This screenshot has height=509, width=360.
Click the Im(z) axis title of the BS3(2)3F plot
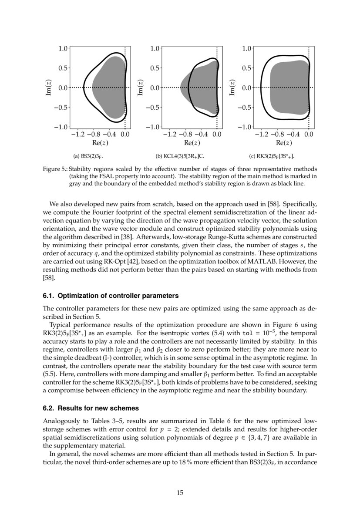coord(49,87)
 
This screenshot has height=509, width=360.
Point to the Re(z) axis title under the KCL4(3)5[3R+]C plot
coord(192,143)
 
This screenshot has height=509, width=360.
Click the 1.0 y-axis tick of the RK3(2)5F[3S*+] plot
coord(246,48)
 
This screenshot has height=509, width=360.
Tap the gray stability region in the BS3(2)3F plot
coord(109,87)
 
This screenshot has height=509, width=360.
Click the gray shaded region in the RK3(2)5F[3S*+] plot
coord(289,87)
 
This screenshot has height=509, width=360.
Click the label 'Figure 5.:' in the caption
coord(55,169)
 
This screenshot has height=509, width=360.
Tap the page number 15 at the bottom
coord(180,493)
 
